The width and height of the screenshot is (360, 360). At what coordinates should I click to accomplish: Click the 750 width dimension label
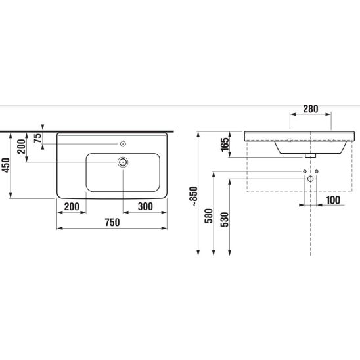(112, 222)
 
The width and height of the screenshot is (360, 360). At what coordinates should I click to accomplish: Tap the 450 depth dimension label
(6, 165)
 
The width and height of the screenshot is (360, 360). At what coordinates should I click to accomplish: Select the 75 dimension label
(37, 138)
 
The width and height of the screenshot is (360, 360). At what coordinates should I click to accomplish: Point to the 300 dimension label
(145, 206)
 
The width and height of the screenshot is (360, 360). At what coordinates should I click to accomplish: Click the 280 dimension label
(311, 109)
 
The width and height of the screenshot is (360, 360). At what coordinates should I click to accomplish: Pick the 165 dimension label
(225, 145)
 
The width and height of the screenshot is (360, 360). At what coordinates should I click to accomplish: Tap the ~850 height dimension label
(194, 196)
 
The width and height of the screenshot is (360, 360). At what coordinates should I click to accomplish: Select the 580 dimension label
(209, 216)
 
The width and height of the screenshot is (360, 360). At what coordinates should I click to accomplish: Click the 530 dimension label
(225, 219)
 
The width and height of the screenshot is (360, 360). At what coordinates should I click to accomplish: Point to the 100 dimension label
(333, 200)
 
